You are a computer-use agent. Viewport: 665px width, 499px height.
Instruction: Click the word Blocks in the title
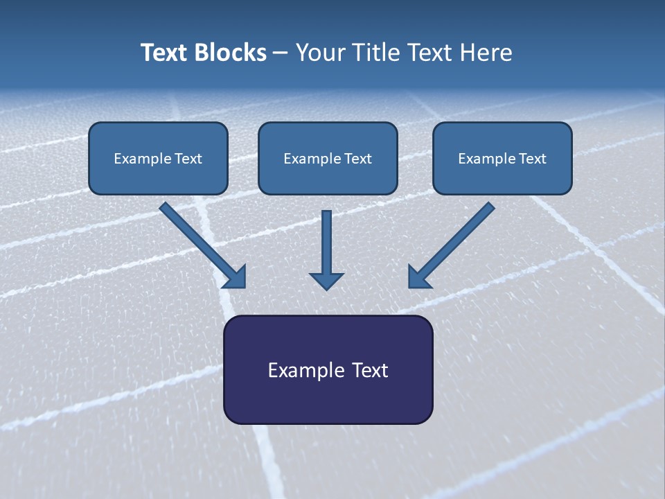231,53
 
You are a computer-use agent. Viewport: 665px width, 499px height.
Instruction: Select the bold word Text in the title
166,53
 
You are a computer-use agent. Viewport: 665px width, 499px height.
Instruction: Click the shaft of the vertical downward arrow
327,239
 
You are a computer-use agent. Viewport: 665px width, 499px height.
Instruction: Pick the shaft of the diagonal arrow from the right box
461,237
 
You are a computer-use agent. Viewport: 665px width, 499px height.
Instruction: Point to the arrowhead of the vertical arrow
327,280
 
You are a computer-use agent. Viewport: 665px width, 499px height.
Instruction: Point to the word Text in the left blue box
188,159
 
